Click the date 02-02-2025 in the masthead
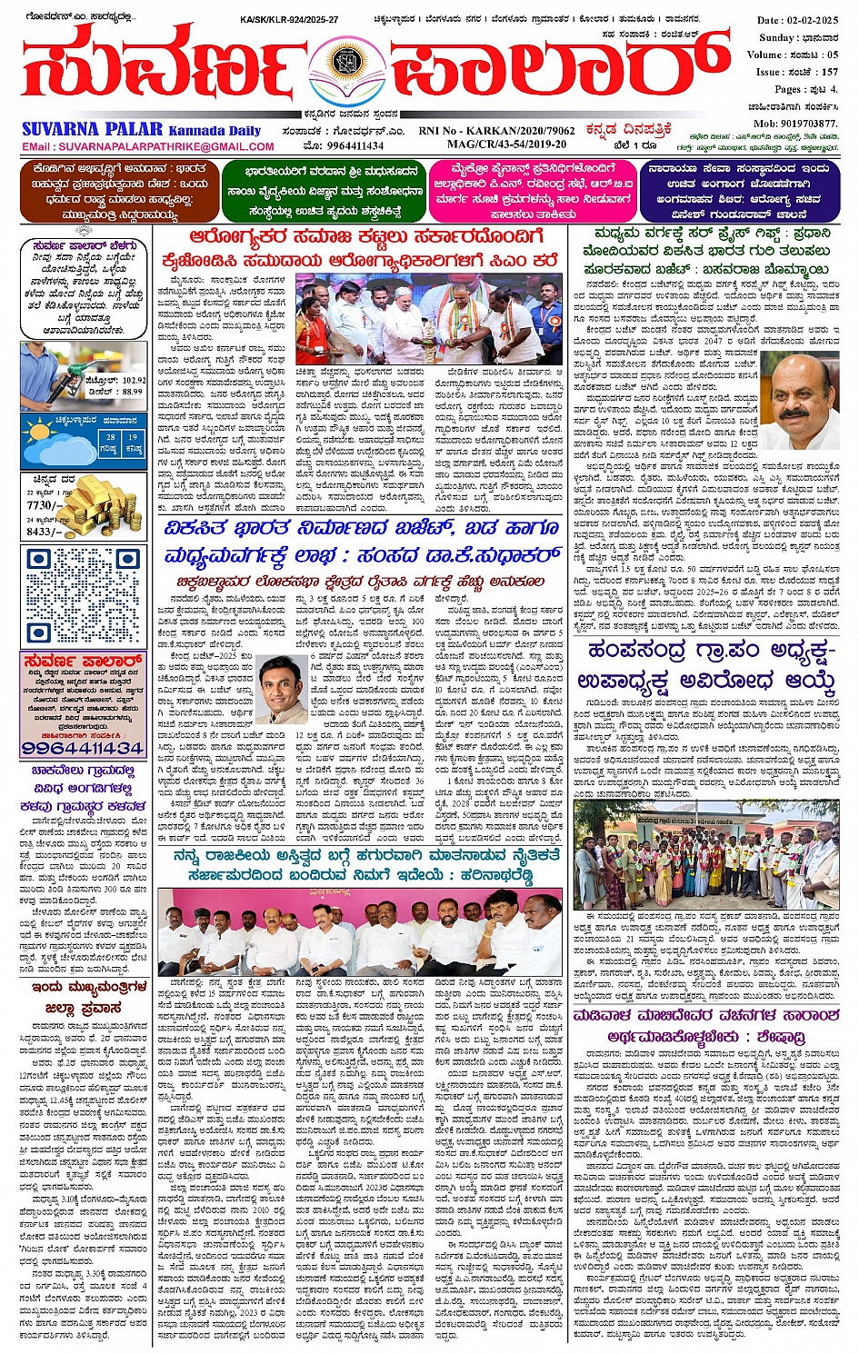[816, 20]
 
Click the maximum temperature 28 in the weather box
[110, 437]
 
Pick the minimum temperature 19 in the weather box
[133, 437]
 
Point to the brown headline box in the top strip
[115, 191]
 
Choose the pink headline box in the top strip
[532, 191]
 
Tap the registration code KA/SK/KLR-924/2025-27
[288, 19]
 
